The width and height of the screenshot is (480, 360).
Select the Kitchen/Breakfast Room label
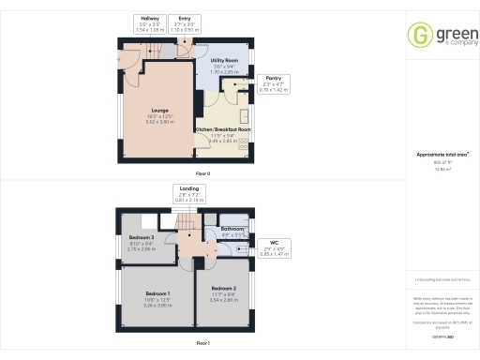tap(221, 134)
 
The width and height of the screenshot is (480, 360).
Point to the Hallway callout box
tap(150, 23)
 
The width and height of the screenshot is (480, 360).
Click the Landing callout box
tap(188, 196)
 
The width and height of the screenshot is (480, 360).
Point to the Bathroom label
tap(232, 231)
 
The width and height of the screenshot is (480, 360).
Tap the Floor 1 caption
tap(202, 344)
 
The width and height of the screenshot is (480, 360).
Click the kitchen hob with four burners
tap(244, 143)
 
